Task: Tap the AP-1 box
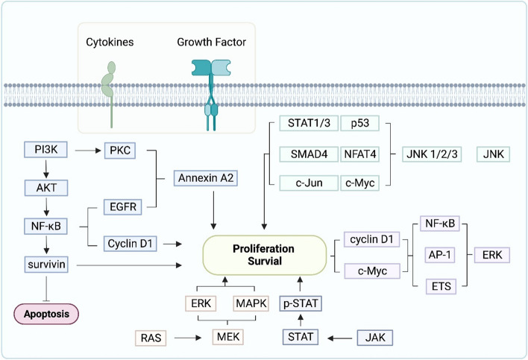pyautogui.click(x=436, y=253)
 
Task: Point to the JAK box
pyautogui.click(x=371, y=339)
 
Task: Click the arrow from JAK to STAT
pyautogui.click(x=333, y=339)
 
